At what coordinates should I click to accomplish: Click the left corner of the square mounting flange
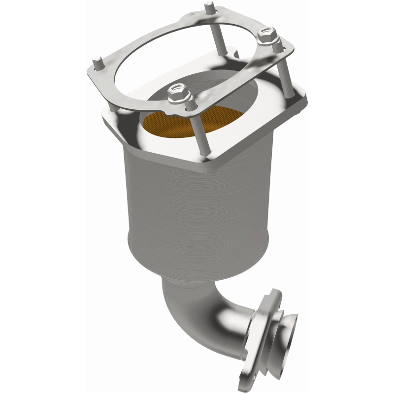106,118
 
